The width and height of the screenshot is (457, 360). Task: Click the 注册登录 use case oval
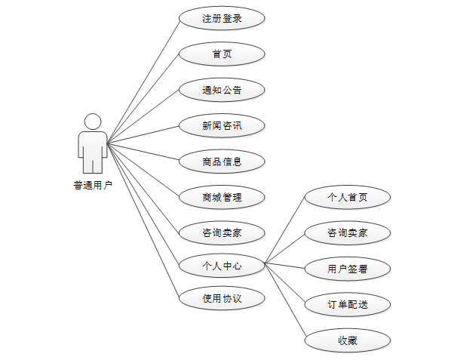[x=222, y=18]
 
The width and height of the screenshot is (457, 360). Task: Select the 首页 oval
[x=222, y=54]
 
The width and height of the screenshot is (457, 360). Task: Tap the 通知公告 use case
[x=222, y=90]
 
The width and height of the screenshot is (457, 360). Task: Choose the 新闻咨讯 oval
[x=222, y=125]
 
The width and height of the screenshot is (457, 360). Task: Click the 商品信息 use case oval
[x=222, y=161]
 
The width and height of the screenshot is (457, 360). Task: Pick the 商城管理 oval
[x=222, y=197]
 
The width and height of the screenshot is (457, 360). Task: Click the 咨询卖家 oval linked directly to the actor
[x=222, y=232]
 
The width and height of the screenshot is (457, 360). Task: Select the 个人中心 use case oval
[x=222, y=265]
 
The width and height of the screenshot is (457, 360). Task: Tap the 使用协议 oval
[x=222, y=297]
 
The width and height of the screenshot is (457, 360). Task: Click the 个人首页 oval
[x=348, y=197]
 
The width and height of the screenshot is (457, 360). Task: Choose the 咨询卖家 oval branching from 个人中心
[x=348, y=232]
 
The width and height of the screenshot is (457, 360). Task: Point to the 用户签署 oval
[x=348, y=268]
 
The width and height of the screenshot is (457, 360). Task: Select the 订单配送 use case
[x=348, y=304]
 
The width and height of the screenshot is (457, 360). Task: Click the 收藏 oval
[x=348, y=340]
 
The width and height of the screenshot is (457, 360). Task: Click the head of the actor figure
[x=93, y=122]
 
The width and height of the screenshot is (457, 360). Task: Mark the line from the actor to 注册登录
[x=143, y=81]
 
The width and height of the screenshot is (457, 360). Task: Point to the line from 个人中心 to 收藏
[x=285, y=301]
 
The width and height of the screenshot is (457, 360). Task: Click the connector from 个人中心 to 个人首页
[x=285, y=231]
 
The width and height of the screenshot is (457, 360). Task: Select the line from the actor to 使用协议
[x=143, y=219]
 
